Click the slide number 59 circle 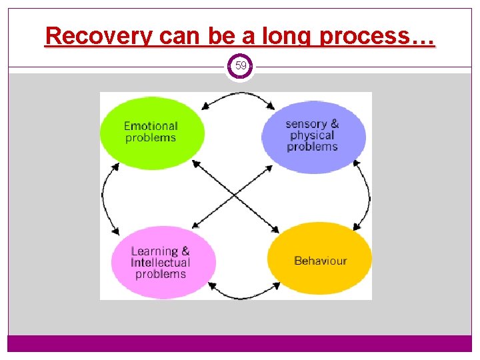click(240, 66)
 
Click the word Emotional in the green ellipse click(151, 126)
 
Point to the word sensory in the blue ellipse click(306, 123)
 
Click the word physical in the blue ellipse click(311, 135)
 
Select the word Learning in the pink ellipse click(154, 251)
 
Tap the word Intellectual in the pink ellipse click(161, 263)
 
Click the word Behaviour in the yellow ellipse click(321, 261)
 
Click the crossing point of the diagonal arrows click(235, 195)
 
